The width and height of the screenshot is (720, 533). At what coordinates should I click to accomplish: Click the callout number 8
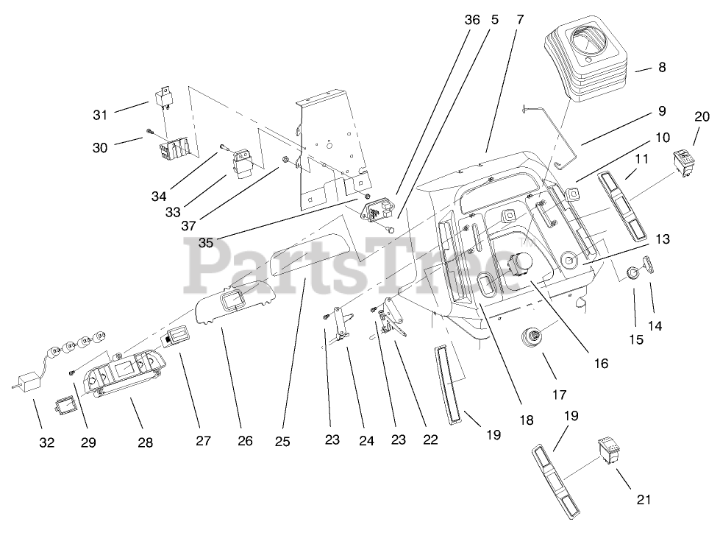[x=662, y=68]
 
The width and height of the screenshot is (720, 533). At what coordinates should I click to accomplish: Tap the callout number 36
[x=471, y=21]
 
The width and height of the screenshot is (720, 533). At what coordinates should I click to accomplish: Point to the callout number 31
[x=100, y=114]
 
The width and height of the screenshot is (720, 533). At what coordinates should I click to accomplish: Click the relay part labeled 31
[x=163, y=99]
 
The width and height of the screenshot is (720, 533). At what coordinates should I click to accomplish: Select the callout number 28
[x=146, y=442]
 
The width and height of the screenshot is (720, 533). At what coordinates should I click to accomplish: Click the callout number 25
[x=282, y=442]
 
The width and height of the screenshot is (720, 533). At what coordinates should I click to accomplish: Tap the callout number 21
[x=644, y=500]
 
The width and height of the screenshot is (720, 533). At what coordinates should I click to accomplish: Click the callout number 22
[x=430, y=440]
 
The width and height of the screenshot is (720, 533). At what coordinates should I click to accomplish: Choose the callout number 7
[x=520, y=21]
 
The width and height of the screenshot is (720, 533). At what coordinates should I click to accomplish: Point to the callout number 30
[x=100, y=147]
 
